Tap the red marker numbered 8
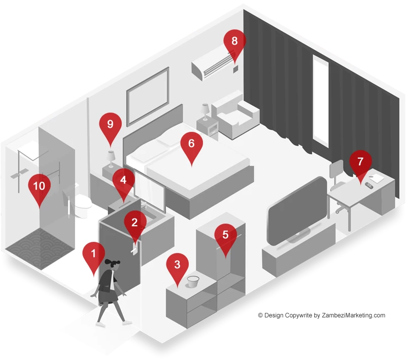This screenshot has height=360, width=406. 234,43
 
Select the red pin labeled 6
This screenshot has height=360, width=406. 191,146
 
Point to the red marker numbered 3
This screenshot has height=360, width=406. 177,266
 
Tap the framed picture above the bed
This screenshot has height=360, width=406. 148,96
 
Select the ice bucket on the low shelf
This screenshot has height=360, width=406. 193,281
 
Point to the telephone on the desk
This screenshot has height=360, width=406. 369,186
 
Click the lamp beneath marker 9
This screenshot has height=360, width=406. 111,159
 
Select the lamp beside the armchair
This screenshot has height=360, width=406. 205,112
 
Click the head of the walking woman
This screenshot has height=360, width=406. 113,265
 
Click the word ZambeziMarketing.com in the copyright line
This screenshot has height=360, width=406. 353,315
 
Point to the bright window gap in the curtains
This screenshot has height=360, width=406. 320,101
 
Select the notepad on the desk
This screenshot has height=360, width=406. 376,178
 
